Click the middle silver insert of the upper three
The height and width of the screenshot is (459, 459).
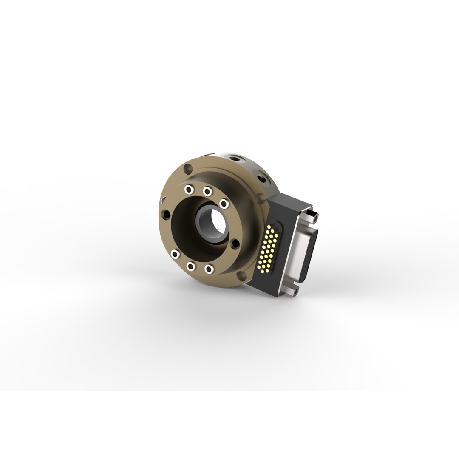click(x=207, y=192)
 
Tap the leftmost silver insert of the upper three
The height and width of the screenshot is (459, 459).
click(x=189, y=190)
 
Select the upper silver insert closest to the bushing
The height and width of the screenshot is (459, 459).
click(x=224, y=204)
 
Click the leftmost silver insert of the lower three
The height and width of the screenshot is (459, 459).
click(x=175, y=254)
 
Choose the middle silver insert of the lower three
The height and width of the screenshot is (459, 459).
click(x=191, y=266)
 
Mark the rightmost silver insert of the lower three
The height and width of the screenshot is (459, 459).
click(x=209, y=269)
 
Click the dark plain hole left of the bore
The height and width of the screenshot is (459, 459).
click(x=166, y=214)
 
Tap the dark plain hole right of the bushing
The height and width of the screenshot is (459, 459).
click(x=234, y=244)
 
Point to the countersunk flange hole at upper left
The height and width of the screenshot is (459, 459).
click(x=188, y=169)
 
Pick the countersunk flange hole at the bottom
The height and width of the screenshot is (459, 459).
click(x=241, y=276)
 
